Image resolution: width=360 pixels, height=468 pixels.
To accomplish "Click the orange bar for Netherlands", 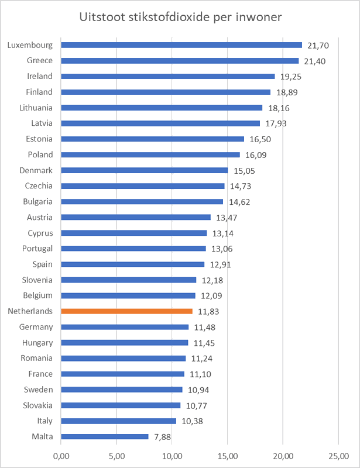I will tap(126, 311).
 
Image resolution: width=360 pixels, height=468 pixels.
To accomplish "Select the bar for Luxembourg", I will tap(181, 44).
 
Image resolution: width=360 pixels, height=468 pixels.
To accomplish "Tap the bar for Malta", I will tap(105, 436).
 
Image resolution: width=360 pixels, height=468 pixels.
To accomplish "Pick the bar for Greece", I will tap(180, 60).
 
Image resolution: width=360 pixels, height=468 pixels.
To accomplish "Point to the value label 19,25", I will tap(292, 77).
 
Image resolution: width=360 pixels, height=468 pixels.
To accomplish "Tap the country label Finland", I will tap(39, 92).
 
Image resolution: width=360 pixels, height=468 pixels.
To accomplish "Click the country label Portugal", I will tap(37, 249).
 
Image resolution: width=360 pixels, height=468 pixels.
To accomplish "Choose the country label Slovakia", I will tap(37, 405).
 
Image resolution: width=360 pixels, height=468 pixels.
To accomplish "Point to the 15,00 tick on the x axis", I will tap(228, 455).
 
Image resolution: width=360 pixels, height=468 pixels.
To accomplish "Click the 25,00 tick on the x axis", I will tap(339, 455).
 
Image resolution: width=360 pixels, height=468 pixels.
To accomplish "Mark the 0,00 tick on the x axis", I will tap(61, 455).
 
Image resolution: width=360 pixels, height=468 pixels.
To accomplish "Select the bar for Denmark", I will tap(144, 170).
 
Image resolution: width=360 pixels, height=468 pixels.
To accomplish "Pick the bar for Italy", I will tap(118, 421).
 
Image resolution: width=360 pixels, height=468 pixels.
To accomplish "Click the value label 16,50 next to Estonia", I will tap(262, 139).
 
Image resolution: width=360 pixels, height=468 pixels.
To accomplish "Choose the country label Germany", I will tap(36, 327).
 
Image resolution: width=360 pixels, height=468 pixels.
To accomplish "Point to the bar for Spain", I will tap(132, 264).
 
